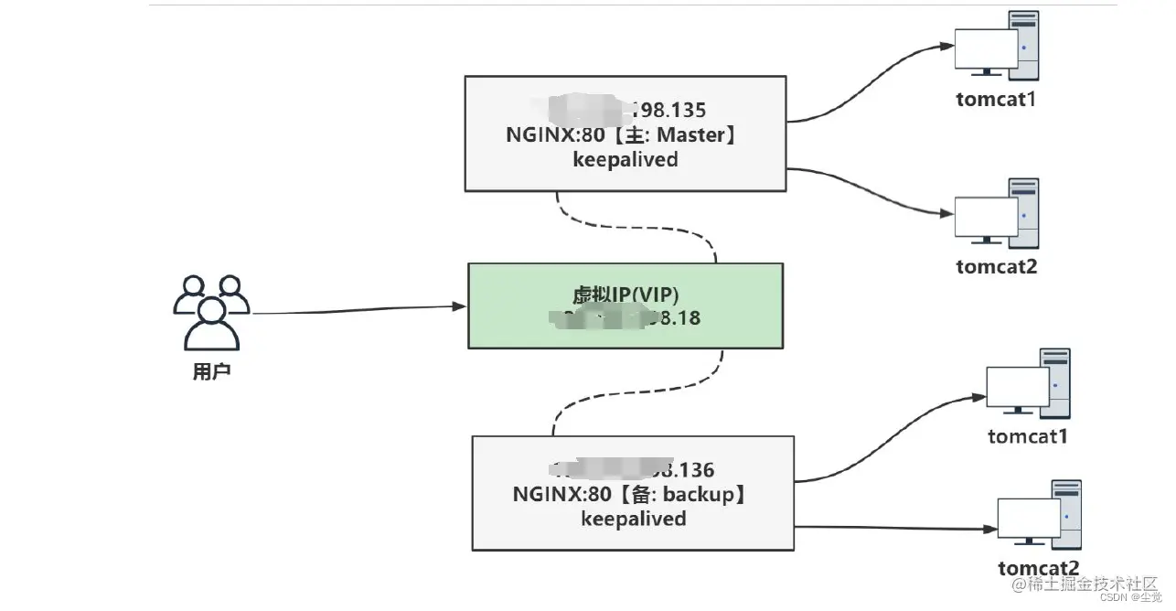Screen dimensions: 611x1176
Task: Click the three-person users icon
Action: pyautogui.click(x=211, y=311)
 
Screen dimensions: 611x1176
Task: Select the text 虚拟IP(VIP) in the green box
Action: pyautogui.click(x=625, y=294)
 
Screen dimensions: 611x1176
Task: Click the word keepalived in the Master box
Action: pyautogui.click(x=625, y=159)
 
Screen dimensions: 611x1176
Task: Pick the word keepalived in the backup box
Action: pyautogui.click(x=633, y=519)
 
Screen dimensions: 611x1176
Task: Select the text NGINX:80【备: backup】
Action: pyautogui.click(x=632, y=495)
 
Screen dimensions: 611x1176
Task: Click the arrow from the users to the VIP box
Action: pyautogui.click(x=357, y=311)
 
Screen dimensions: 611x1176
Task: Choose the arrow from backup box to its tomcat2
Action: pyautogui.click(x=896, y=528)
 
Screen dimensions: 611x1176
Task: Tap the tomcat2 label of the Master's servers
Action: pyautogui.click(x=997, y=267)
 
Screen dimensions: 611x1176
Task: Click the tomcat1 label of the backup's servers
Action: pyautogui.click(x=1028, y=436)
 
